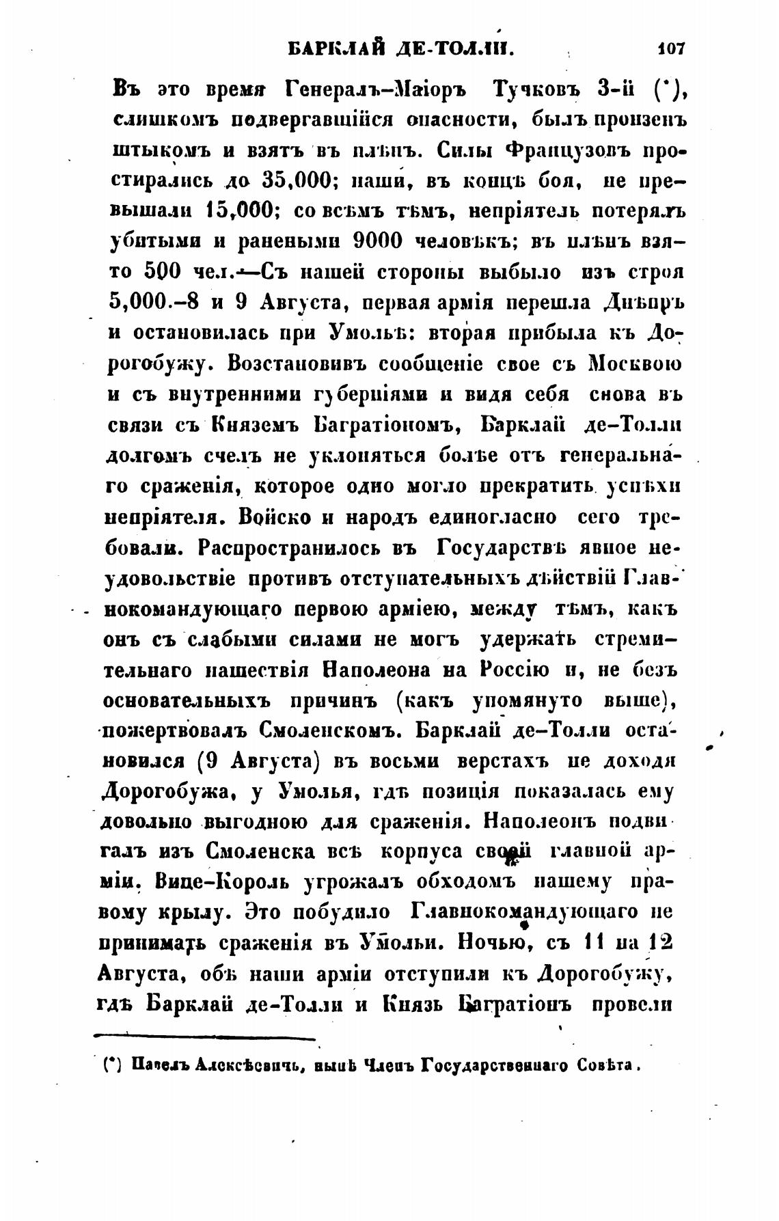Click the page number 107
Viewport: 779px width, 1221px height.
pyautogui.click(x=670, y=49)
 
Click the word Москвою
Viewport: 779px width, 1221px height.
pyautogui.click(x=635, y=363)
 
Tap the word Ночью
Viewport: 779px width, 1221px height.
pyautogui.click(x=483, y=944)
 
